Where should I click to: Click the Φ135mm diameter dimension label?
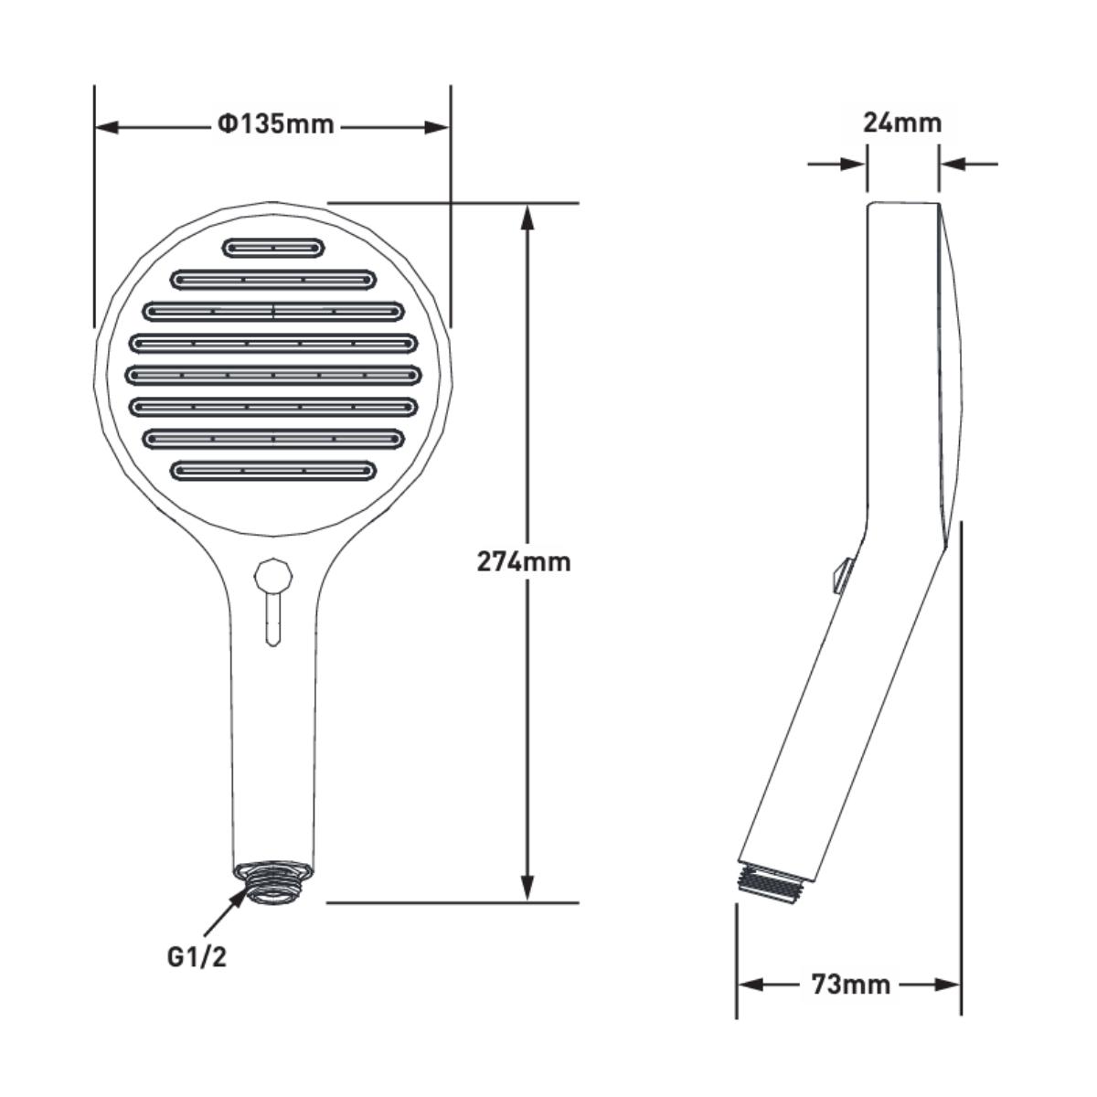[275, 124]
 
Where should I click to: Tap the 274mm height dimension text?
[524, 562]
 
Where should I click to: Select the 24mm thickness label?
[902, 123]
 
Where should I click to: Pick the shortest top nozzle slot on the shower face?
[273, 249]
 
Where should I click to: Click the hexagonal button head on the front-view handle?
[274, 576]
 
